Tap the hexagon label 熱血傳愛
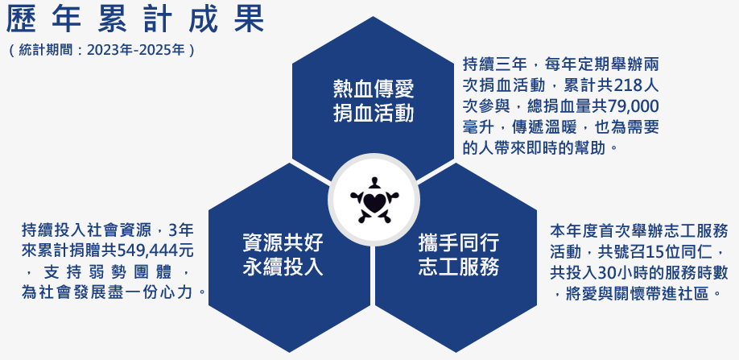(x=374, y=88)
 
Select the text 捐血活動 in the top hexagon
(x=374, y=113)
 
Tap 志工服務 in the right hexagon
(x=459, y=267)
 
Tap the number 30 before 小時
(x=608, y=271)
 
